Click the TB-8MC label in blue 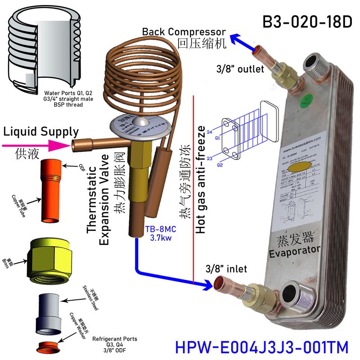[157, 229]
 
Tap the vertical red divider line [193, 189]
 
